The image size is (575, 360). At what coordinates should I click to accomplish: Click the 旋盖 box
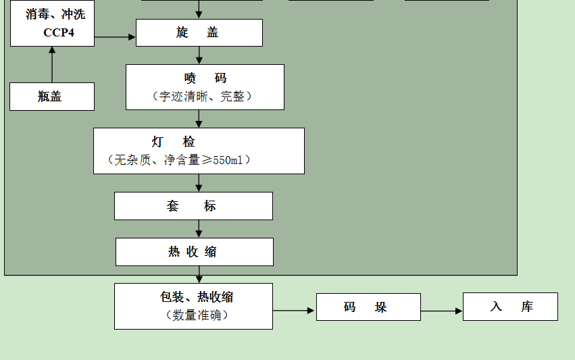click(199, 32)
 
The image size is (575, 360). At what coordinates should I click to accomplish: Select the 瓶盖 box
click(51, 97)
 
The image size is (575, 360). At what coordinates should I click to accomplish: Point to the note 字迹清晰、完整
click(203, 97)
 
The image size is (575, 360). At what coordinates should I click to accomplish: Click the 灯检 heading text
click(174, 142)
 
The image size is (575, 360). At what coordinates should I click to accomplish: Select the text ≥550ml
click(226, 160)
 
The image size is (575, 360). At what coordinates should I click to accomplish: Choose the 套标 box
click(193, 206)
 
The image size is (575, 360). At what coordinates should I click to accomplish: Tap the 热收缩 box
click(194, 252)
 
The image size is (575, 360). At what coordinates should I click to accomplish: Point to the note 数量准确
click(197, 315)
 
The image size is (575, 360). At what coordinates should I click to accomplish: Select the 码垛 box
click(368, 307)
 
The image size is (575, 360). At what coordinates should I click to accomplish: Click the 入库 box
click(510, 307)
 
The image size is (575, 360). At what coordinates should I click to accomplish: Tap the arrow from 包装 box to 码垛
click(294, 311)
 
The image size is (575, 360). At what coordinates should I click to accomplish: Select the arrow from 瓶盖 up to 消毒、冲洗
click(52, 64)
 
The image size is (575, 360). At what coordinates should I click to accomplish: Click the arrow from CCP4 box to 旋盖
click(115, 36)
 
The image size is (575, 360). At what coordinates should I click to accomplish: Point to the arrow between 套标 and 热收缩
click(199, 228)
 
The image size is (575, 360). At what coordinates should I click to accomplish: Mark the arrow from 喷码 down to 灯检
click(199, 118)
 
